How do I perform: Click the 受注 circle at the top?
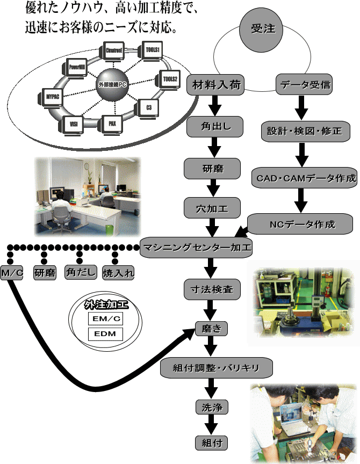263,30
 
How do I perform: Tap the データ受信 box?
303,85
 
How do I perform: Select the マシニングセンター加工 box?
196,248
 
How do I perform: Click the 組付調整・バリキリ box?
218,368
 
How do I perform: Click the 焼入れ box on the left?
118,273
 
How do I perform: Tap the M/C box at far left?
12,273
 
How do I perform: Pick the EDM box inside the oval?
105,335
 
